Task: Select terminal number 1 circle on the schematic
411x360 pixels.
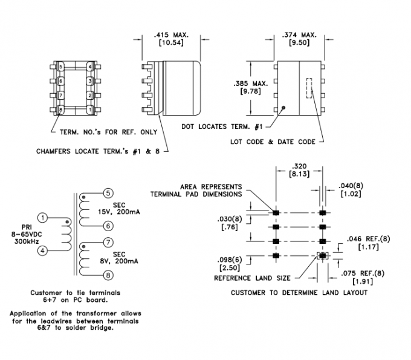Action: pos(42,217)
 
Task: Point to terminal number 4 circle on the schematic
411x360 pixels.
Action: pos(42,250)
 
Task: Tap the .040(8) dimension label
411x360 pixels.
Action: pos(351,189)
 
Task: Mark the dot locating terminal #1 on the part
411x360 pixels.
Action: pos(282,108)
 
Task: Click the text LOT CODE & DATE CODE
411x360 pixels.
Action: pos(273,142)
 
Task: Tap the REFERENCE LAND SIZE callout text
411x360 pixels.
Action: pos(250,278)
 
